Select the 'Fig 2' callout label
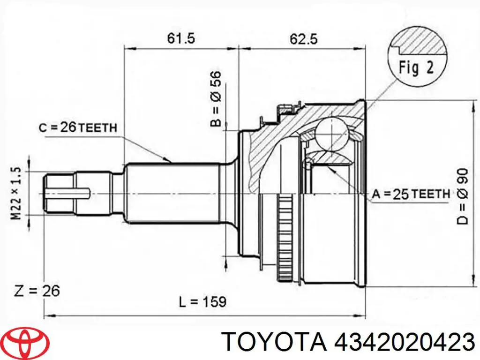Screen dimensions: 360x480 (x=416, y=68)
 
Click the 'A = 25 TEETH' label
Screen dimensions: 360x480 (x=411, y=193)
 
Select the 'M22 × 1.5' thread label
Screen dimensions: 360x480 (x=16, y=193)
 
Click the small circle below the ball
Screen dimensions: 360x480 (x=308, y=164)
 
